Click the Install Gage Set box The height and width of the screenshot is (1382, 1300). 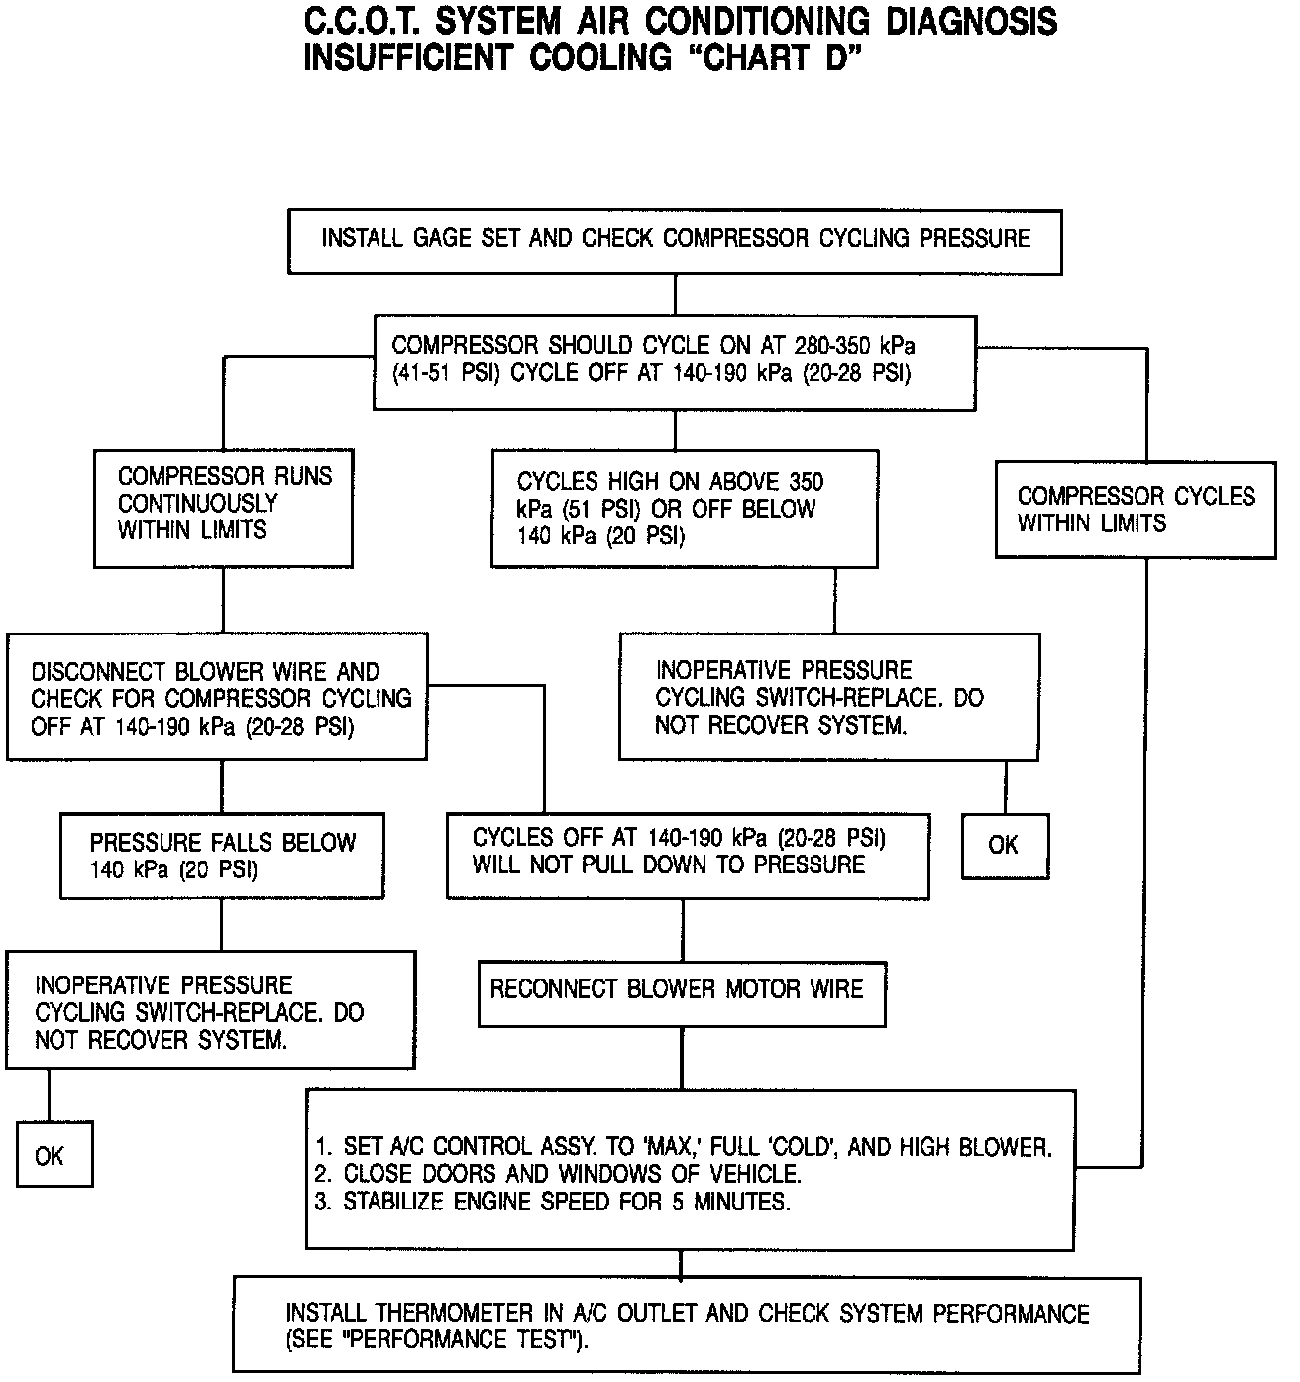[674, 241]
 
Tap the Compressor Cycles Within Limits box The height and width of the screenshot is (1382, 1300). [1136, 510]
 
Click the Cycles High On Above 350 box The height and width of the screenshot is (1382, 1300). [684, 509]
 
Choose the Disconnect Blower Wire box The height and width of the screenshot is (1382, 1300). [217, 698]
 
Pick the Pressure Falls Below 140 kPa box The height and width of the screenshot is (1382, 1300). [222, 856]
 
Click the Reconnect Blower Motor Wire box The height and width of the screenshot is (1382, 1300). [681, 992]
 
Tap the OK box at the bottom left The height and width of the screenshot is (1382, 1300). [54, 1154]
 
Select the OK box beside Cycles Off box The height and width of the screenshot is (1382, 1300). [1004, 846]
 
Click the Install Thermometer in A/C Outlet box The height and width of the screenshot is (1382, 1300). [687, 1325]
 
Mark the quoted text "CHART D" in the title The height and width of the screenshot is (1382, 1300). [763, 58]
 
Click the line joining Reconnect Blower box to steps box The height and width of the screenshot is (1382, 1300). [682, 1058]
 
